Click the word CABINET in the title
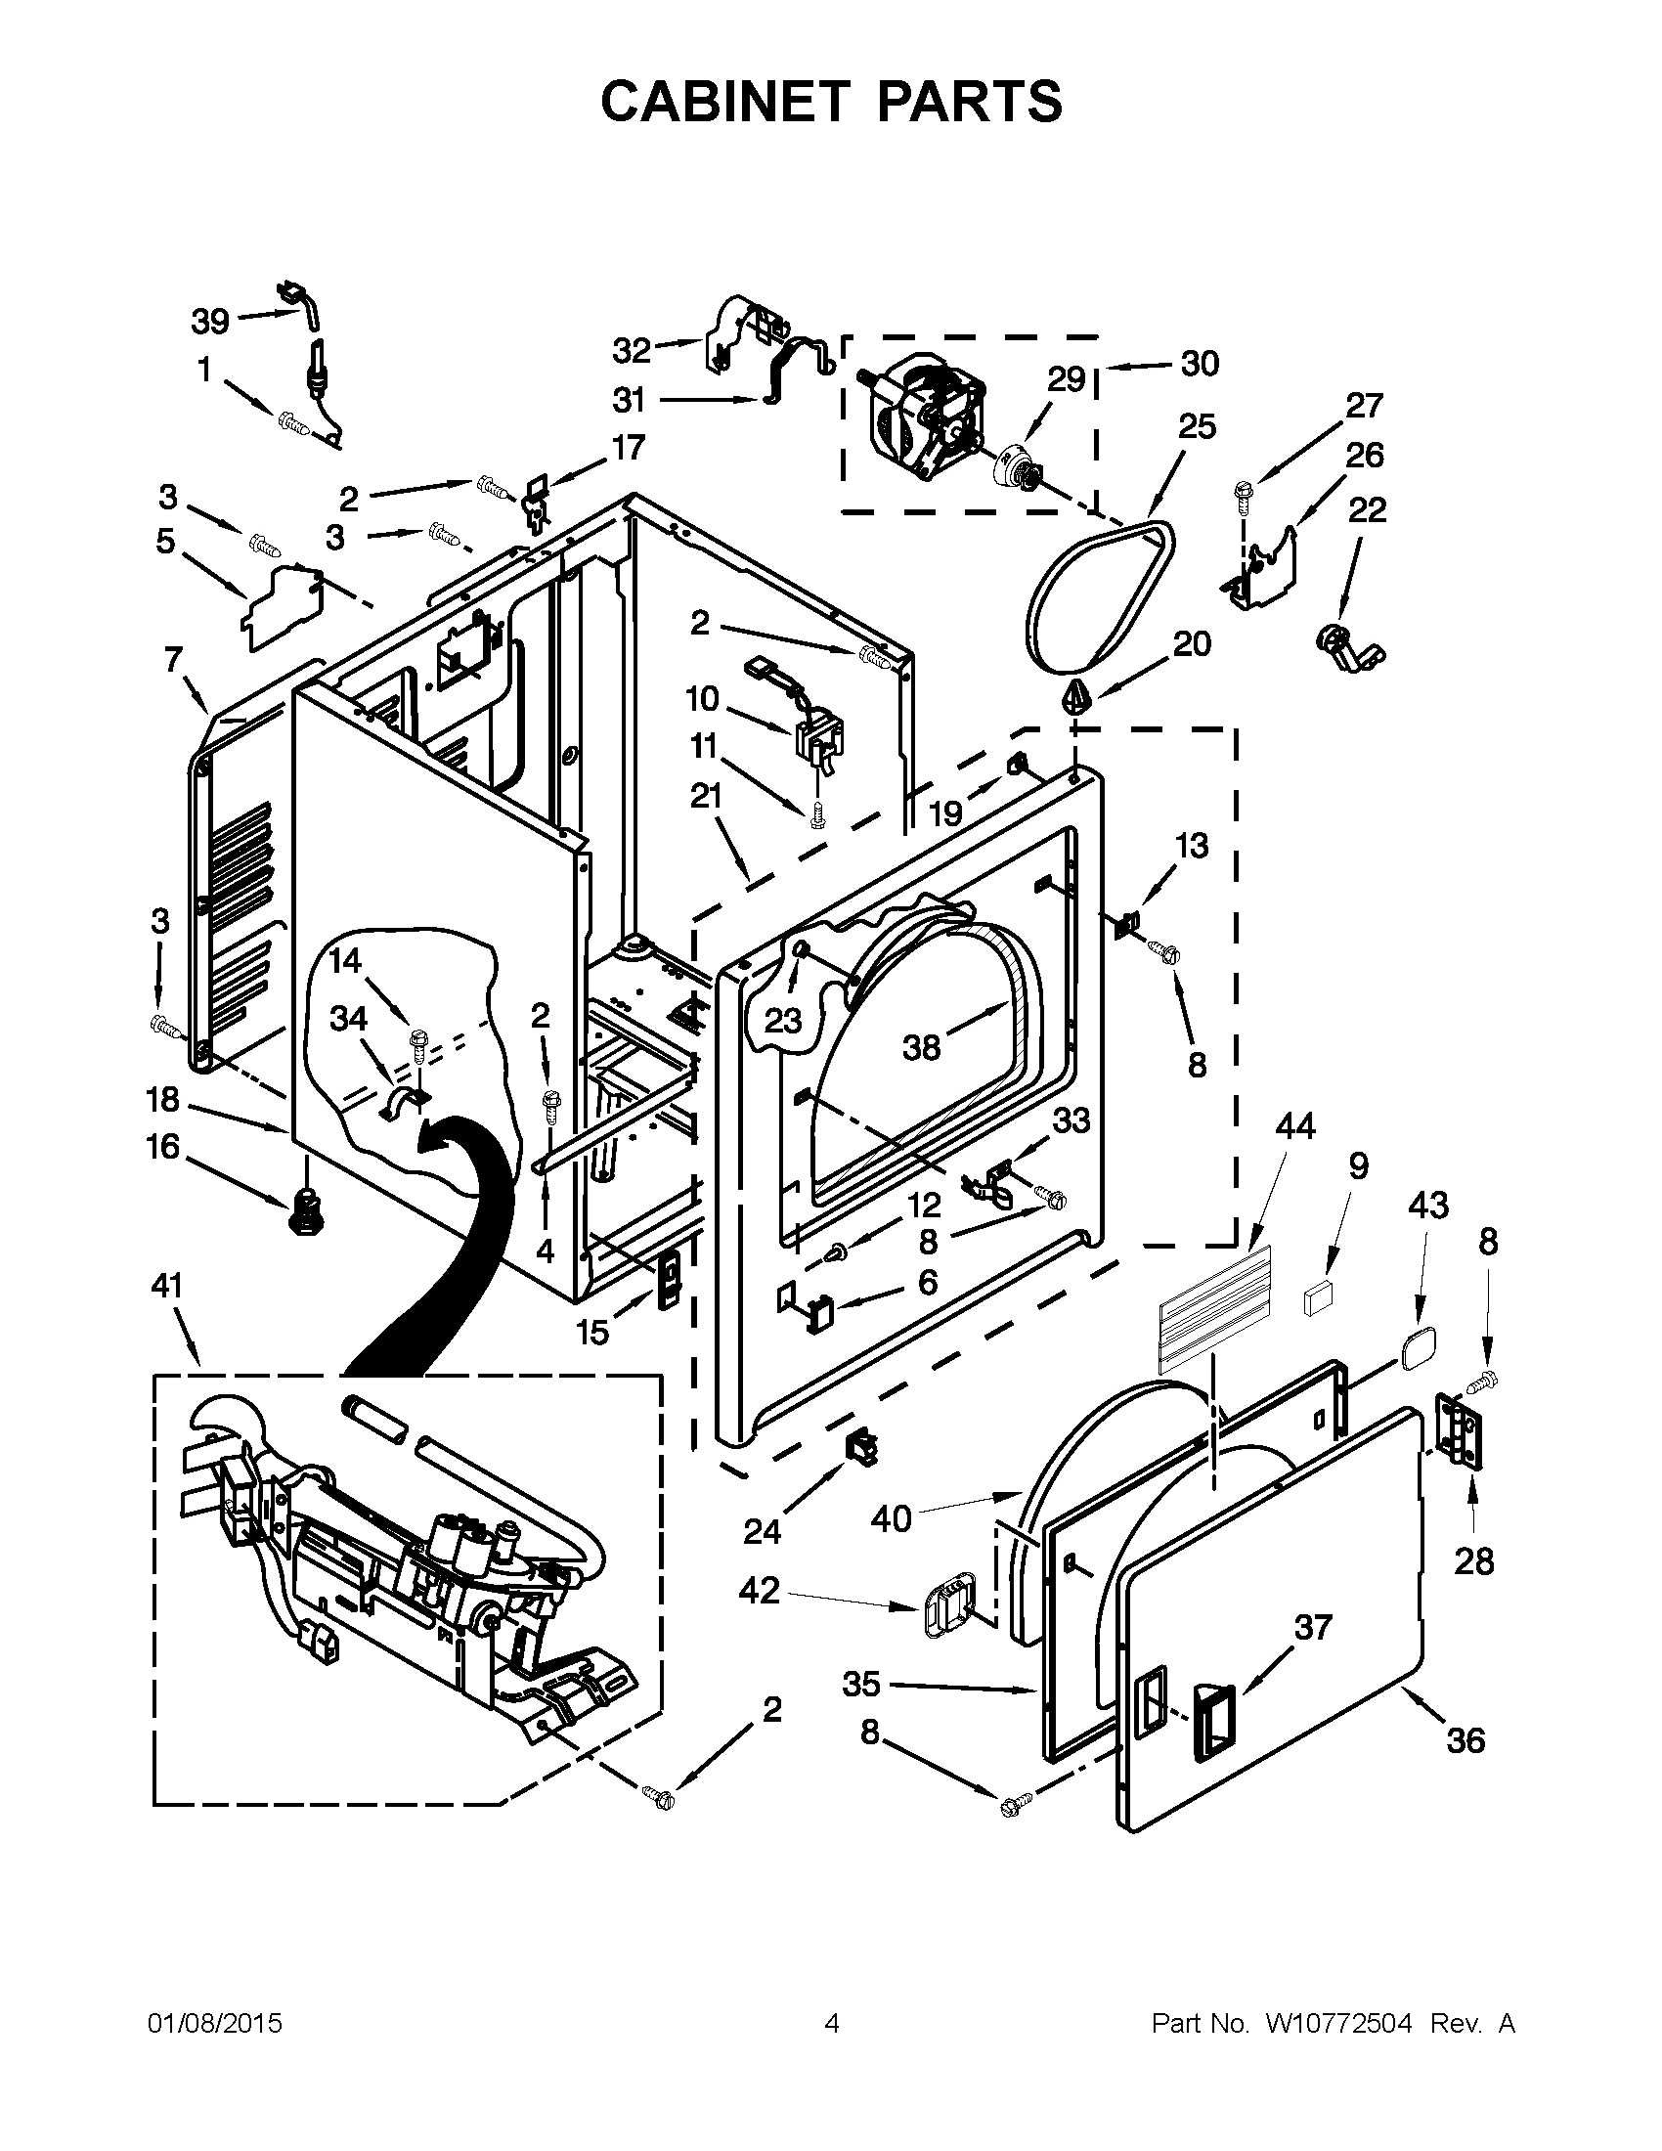[724, 102]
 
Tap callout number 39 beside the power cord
[209, 321]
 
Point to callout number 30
[1200, 364]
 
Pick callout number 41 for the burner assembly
[167, 1285]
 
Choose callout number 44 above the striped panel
[1294, 1125]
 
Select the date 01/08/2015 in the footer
[215, 2024]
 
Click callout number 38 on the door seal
[922, 1047]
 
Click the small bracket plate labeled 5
[283, 606]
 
